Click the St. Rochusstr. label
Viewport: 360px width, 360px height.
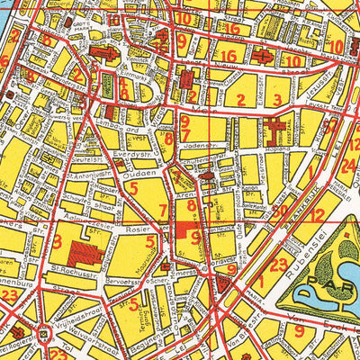pos(73,265)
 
